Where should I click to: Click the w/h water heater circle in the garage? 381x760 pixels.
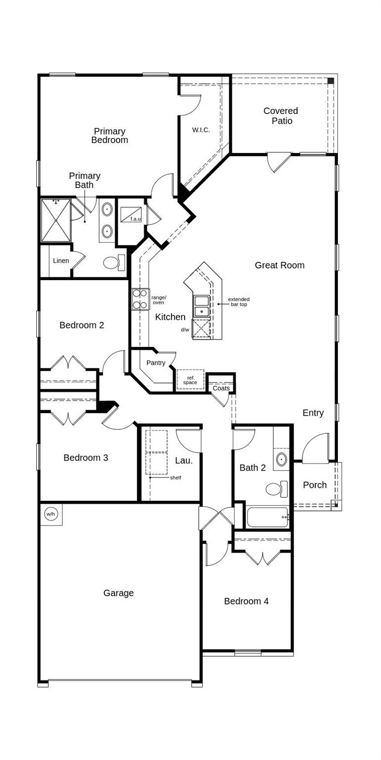(x=50, y=514)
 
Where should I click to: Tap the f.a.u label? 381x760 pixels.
(x=136, y=219)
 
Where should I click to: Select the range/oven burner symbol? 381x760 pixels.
(x=140, y=299)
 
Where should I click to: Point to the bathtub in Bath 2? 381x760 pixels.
(x=267, y=517)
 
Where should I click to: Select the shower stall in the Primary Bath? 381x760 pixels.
(x=55, y=220)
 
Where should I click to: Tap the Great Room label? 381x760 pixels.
(x=280, y=265)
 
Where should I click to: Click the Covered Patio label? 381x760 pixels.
(x=281, y=116)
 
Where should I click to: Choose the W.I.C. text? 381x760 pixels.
(x=201, y=130)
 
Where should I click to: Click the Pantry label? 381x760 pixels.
(x=156, y=363)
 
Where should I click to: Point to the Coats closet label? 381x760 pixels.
(x=221, y=388)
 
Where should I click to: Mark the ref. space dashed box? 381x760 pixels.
(x=190, y=380)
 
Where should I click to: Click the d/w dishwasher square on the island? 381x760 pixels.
(x=201, y=329)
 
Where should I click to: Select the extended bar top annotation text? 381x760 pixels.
(x=238, y=302)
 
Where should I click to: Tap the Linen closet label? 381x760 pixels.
(x=61, y=261)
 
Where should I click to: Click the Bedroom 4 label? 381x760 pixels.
(x=246, y=601)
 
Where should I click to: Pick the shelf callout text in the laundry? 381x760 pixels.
(x=175, y=477)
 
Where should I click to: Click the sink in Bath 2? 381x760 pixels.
(x=282, y=459)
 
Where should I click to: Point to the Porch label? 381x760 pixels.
(x=315, y=485)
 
